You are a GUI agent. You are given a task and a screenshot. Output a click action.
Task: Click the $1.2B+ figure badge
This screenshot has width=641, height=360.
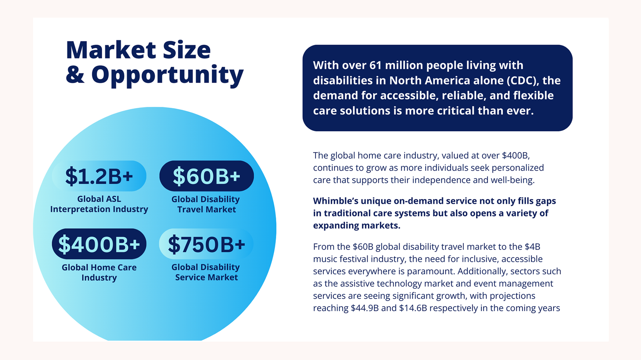[x=99, y=176]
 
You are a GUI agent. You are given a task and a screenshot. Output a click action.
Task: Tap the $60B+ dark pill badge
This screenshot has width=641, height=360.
[x=206, y=176]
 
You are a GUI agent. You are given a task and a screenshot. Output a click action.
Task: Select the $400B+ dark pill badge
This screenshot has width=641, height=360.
[x=99, y=244]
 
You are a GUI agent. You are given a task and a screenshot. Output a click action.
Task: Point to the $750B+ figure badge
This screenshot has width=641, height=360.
[x=206, y=244]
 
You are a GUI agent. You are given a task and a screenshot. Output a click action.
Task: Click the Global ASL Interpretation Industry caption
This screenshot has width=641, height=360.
[x=99, y=204]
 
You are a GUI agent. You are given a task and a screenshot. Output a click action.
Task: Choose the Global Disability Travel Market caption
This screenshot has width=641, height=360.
[x=206, y=204]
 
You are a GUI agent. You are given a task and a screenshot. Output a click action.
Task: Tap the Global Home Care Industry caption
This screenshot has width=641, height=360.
[x=99, y=272]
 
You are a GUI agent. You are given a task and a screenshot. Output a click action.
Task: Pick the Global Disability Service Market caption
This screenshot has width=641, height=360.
[x=206, y=272]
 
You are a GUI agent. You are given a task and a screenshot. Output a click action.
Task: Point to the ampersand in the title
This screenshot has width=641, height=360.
[x=75, y=74]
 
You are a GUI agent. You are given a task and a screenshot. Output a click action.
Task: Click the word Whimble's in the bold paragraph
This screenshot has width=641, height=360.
[x=336, y=201]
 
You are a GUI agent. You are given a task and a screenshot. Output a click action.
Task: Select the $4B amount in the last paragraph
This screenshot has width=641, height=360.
[x=532, y=247]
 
